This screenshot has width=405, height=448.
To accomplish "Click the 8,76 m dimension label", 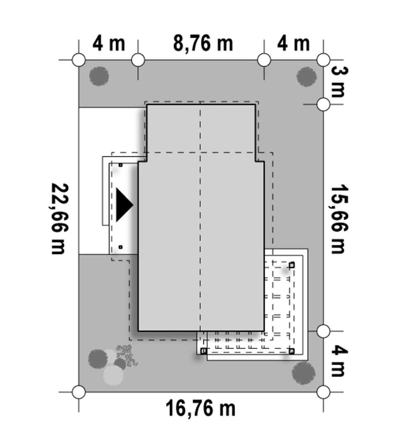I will pyautogui.click(x=203, y=43).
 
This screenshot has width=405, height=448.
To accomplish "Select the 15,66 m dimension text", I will pyautogui.click(x=337, y=219).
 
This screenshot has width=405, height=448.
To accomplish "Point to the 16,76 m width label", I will pyautogui.click(x=201, y=409).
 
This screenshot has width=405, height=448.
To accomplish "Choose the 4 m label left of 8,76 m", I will pyautogui.click(x=109, y=43).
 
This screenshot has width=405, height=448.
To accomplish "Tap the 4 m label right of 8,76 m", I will pyautogui.click(x=293, y=43).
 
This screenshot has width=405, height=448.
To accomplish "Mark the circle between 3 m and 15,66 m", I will pyautogui.click(x=323, y=105).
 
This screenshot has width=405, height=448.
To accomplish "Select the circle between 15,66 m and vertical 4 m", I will pyautogui.click(x=323, y=331).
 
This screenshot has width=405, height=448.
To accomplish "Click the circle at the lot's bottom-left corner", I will pyautogui.click(x=79, y=392).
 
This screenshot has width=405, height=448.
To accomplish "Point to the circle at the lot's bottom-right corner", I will pyautogui.click(x=323, y=392).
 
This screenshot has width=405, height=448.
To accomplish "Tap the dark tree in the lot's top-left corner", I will pyautogui.click(x=99, y=76).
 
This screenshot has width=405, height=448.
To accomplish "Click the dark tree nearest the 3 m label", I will pyautogui.click(x=306, y=77).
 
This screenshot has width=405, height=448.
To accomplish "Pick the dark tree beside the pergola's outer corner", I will pyautogui.click(x=303, y=372).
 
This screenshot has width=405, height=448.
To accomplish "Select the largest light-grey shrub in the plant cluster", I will pyautogui.click(x=113, y=375).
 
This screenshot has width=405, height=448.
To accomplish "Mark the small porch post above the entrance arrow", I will pyautogui.click(x=120, y=165).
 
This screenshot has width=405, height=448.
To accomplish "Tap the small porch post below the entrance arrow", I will pyautogui.click(x=120, y=247).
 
